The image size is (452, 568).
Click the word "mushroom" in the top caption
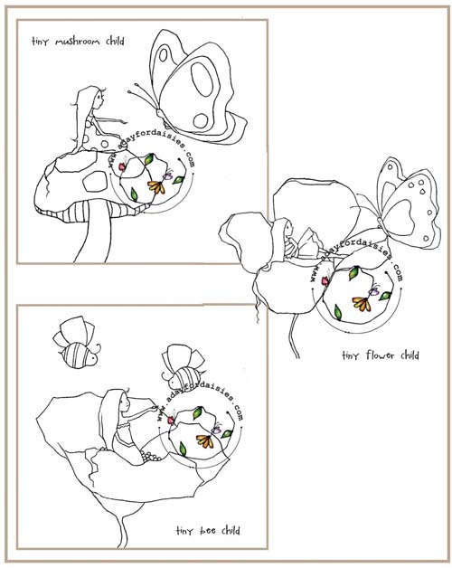point(77,42)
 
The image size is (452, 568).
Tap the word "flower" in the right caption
point(379,355)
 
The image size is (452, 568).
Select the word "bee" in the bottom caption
point(208,531)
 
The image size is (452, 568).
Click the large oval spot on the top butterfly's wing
point(202,79)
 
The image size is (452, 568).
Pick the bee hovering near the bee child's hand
point(184,368)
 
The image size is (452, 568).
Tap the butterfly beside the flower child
point(402,205)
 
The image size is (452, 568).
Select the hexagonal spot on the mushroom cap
point(96,180)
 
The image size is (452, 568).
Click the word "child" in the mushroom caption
point(115,41)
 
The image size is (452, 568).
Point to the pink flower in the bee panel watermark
point(170,420)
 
